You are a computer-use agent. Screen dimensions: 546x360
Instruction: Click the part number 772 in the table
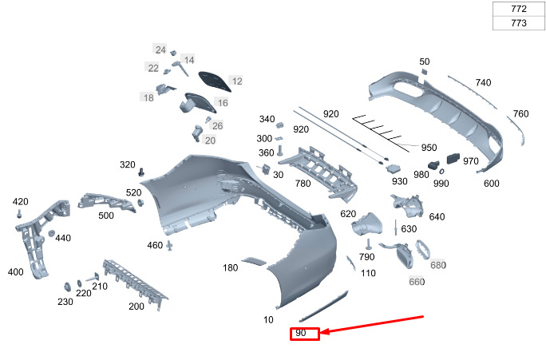coord(519,8)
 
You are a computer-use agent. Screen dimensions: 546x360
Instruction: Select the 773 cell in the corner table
coord(519,23)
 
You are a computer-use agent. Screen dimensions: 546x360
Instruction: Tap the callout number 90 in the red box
coord(300,333)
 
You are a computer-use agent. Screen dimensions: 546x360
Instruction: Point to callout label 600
coord(492,184)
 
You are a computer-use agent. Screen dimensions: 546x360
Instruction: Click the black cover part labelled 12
coord(215,81)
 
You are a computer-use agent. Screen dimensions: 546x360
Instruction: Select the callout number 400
coord(16,272)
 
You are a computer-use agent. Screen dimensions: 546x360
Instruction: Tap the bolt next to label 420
coord(19,213)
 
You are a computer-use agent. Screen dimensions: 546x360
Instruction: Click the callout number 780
coord(303,183)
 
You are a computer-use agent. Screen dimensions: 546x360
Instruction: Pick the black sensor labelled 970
coord(453,158)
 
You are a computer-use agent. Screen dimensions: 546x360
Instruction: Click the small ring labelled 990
coord(441,172)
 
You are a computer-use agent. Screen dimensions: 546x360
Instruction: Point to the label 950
coord(429,148)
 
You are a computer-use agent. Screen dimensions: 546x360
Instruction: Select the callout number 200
coord(136,307)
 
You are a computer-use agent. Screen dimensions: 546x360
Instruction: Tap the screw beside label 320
coord(141,172)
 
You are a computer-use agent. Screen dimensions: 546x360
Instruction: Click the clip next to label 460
coord(169,246)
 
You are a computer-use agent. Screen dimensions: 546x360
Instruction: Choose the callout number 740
coord(483,82)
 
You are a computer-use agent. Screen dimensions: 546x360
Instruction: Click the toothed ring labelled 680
coord(422,250)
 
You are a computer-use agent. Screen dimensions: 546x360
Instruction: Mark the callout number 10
coord(268,319)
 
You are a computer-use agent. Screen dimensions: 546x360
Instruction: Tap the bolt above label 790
coord(368,244)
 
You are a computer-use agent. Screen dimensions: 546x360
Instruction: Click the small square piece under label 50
coord(424,72)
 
